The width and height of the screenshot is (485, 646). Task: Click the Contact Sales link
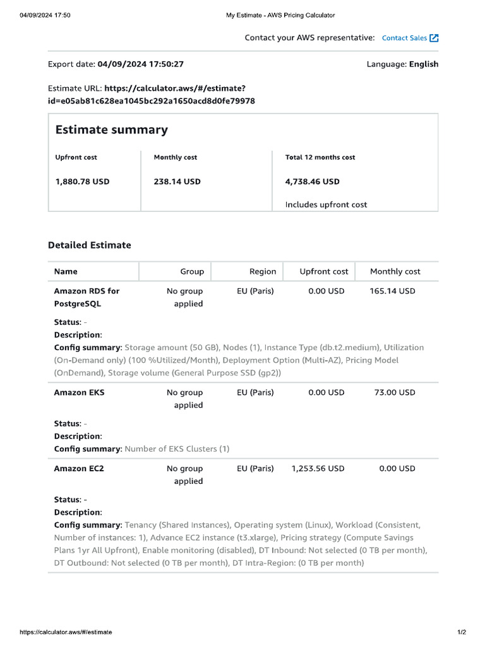point(404,38)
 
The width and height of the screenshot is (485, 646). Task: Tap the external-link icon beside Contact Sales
point(434,38)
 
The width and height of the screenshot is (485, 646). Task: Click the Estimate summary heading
point(111,130)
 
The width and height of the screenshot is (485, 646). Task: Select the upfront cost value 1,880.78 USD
point(82,182)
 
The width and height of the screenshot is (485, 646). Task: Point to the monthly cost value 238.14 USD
point(177,182)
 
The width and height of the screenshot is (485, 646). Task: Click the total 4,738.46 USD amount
point(312,182)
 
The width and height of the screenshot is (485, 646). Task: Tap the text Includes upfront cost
point(326,204)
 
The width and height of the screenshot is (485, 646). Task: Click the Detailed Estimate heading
point(90,245)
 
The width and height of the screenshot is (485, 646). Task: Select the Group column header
point(192,271)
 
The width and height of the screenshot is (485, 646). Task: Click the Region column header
point(263,271)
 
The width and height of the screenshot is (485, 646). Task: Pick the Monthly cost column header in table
point(395,271)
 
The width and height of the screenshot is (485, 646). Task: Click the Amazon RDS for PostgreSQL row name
point(87,297)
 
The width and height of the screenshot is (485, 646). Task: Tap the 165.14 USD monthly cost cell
point(392,291)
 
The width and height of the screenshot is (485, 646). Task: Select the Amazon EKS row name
point(80,392)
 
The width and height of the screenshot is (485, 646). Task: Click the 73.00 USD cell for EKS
point(395,392)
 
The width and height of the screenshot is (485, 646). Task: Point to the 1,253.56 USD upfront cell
point(318,468)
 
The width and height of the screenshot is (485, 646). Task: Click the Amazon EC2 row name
point(80,468)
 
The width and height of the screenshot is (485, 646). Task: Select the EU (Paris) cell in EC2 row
point(255,468)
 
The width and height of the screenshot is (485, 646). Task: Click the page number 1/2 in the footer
point(462,631)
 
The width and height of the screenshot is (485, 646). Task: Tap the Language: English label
point(402,64)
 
